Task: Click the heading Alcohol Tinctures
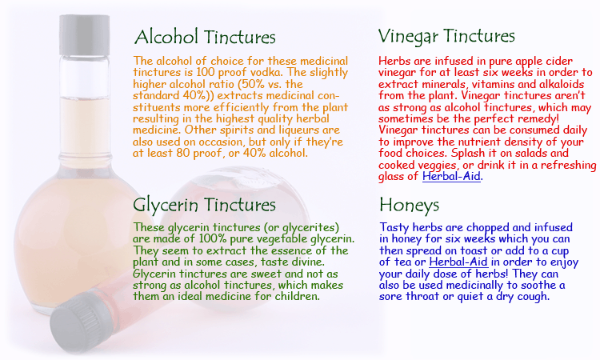click(x=205, y=37)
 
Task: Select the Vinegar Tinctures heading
click(x=446, y=36)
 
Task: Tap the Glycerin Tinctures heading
click(x=204, y=205)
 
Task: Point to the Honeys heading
click(x=409, y=205)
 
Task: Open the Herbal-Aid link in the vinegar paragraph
click(x=451, y=176)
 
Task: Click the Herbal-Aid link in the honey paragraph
click(x=458, y=262)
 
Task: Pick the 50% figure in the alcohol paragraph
click(x=250, y=84)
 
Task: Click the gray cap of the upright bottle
click(x=85, y=35)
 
